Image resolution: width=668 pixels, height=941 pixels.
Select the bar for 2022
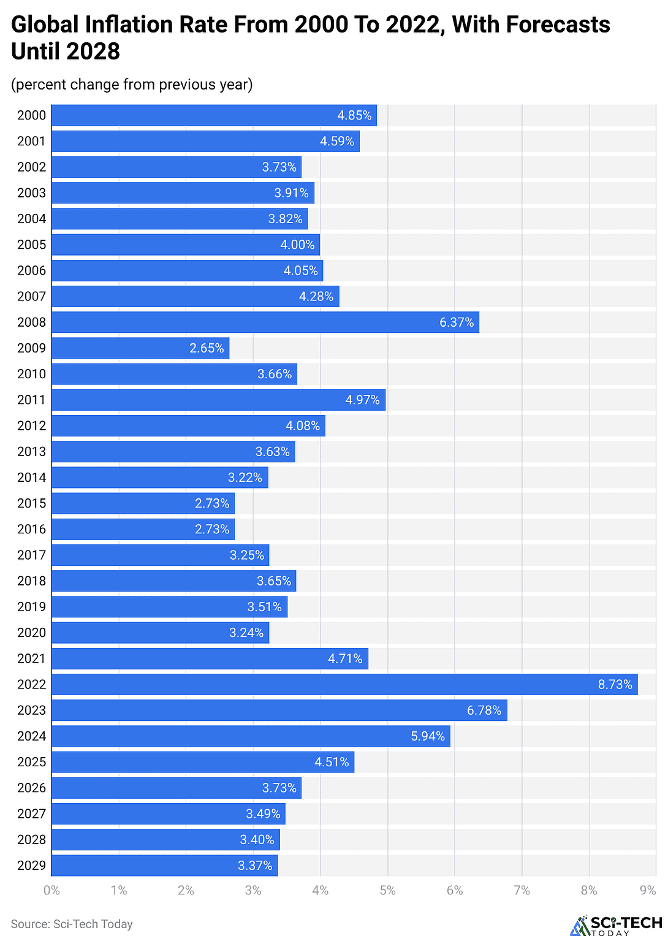344,684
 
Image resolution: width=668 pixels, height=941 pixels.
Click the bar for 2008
265,322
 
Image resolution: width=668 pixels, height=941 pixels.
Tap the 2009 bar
140,348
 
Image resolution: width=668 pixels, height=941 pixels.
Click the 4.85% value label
354,115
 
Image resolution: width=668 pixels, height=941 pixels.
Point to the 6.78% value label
484,710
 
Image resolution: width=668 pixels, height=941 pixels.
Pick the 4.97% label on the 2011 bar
362,400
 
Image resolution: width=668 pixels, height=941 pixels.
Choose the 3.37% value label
255,865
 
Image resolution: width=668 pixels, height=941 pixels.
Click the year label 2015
31,503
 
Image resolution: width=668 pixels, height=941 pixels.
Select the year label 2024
31,736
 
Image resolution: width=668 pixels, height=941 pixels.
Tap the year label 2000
31,115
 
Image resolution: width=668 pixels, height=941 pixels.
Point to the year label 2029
31,865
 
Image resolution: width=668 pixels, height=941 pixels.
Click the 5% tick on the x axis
387,890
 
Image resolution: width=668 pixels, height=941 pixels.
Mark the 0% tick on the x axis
52,890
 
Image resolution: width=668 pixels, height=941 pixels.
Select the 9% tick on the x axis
648,890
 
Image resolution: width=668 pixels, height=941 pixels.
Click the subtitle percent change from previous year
132,84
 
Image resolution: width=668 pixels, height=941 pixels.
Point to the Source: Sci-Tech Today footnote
72,924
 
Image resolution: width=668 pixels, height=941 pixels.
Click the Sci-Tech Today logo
615,925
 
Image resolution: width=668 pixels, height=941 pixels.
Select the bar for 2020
160,633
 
